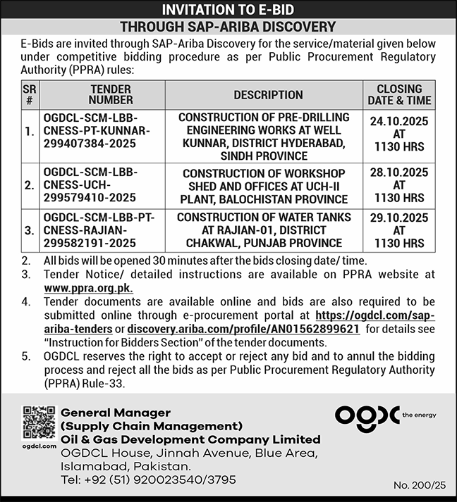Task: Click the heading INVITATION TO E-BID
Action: pyautogui.click(x=228, y=10)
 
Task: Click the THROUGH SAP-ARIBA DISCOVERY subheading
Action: pyautogui.click(x=228, y=27)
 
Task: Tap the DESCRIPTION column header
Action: pyautogui.click(x=268, y=95)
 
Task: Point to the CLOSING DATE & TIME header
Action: pyautogui.click(x=399, y=95)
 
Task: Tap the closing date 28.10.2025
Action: pyautogui.click(x=399, y=172)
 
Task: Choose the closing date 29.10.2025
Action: pyautogui.click(x=399, y=218)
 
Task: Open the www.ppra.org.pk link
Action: pyautogui.click(x=88, y=289)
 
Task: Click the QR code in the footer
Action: pyautogui.click(x=39, y=422)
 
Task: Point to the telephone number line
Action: pyautogui.click(x=148, y=480)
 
